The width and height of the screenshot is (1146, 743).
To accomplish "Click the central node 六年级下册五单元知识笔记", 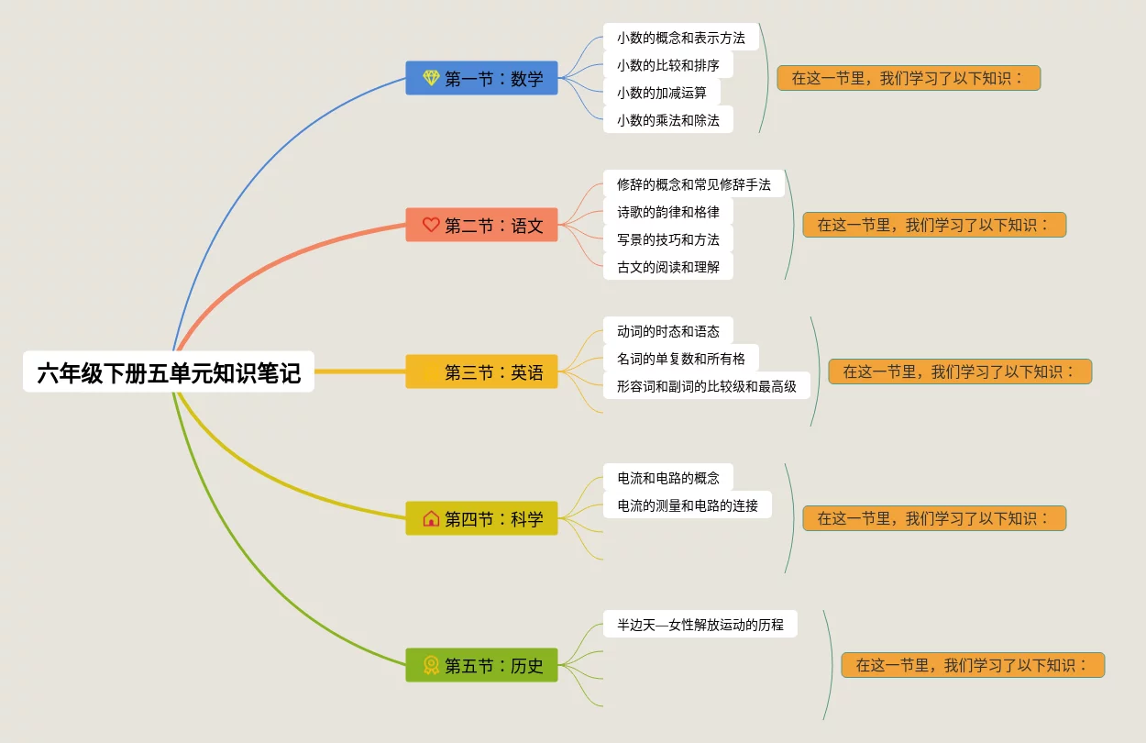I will [169, 372].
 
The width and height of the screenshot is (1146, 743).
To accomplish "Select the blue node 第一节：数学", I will [481, 78].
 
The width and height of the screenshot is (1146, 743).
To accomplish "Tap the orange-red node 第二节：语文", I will [481, 225].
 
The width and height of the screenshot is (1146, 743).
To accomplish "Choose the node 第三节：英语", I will [481, 371].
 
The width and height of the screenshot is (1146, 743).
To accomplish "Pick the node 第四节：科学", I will [481, 518].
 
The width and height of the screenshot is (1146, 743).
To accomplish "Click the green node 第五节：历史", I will [481, 665].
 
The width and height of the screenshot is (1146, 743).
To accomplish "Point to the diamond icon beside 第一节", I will [431, 78].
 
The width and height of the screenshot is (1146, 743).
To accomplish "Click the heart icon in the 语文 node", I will [431, 225].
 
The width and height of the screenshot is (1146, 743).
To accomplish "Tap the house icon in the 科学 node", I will [431, 518].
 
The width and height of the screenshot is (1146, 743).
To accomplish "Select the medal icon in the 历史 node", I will [431, 665].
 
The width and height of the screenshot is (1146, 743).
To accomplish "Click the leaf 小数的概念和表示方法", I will [680, 38].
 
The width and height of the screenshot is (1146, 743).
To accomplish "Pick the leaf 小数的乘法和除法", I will [667, 120].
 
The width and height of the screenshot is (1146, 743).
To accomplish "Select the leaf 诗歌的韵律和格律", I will [667, 212].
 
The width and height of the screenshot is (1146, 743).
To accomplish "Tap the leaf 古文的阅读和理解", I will [667, 267].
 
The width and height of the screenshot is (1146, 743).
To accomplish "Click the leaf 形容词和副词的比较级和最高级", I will [706, 386].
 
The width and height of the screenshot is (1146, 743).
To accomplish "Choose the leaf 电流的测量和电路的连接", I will [687, 505].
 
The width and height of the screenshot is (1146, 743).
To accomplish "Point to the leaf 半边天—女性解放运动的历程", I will [700, 625].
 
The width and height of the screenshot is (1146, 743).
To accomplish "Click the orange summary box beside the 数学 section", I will [909, 78].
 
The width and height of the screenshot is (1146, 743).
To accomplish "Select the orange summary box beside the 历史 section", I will [973, 665].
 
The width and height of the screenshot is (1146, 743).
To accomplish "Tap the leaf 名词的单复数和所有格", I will [680, 359].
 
